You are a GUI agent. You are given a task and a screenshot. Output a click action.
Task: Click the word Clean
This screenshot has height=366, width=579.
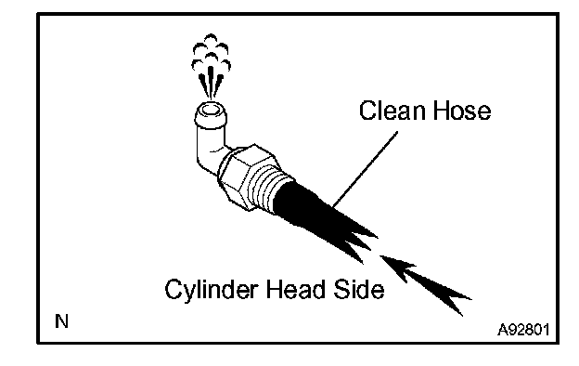392,111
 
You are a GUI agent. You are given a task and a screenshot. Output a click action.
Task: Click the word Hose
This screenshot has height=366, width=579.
462,111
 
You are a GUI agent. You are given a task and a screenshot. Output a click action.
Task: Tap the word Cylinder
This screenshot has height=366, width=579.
211,290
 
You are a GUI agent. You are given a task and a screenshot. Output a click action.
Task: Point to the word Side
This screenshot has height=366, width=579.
359,289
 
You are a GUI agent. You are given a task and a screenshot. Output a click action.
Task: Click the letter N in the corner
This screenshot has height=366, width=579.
61,320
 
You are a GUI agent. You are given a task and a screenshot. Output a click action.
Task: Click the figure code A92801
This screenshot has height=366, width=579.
523,329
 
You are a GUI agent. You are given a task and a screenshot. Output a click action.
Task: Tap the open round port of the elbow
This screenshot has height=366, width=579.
211,110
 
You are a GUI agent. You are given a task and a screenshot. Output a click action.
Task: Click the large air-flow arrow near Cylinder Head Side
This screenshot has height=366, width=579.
425,282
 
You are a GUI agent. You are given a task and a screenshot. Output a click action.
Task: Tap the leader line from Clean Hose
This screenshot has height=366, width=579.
365,169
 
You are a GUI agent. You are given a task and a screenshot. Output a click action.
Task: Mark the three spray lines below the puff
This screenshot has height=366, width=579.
211,84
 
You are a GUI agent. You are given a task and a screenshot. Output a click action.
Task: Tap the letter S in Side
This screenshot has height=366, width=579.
342,289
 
